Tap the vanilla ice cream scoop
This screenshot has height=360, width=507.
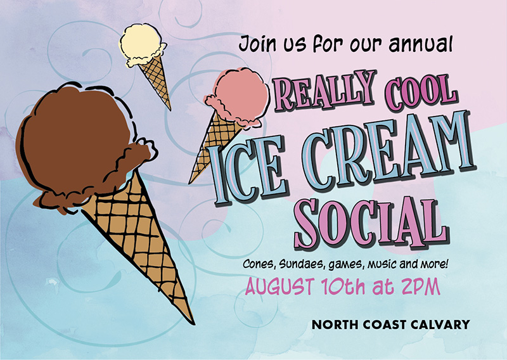[141, 44]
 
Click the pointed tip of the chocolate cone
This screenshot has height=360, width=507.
[193, 323]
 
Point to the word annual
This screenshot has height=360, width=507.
[420, 44]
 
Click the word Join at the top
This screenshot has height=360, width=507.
[257, 44]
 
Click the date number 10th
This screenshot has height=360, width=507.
[343, 286]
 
